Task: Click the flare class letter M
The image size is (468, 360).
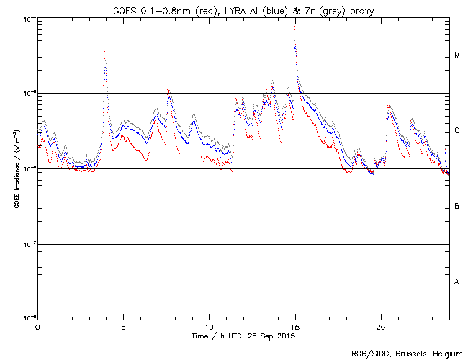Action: point(457,55)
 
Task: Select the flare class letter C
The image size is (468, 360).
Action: point(457,131)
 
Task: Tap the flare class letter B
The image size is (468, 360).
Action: point(457,207)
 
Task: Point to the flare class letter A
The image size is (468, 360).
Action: point(457,282)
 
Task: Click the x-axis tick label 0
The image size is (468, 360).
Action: point(37,327)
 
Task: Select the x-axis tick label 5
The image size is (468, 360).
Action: point(123,327)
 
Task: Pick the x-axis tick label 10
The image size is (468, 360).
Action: point(209,327)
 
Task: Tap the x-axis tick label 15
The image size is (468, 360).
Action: point(294,327)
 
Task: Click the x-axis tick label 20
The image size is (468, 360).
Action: point(380,327)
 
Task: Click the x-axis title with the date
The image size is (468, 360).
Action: point(243,336)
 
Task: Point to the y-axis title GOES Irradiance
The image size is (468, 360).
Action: point(15,170)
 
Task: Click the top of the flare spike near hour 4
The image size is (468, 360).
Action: point(105,52)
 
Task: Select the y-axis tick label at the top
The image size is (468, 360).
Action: point(30,19)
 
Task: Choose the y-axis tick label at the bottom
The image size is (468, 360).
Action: point(30,318)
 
